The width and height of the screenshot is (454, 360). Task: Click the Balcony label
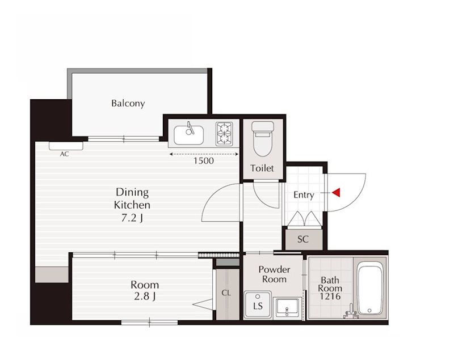click(128, 103)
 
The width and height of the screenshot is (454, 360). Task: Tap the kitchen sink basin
click(188, 135)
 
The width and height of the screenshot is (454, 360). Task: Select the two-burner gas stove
click(224, 134)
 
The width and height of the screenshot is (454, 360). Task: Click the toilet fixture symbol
click(263, 138)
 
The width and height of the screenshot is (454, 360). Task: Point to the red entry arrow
click(336, 193)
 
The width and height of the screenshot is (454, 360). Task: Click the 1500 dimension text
click(204, 161)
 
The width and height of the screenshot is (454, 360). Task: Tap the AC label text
click(65, 154)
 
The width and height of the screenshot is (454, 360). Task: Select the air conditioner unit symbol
click(66, 146)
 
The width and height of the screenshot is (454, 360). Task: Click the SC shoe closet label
click(303, 239)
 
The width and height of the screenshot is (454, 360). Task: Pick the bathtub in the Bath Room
click(369, 290)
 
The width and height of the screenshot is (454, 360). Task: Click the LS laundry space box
click(258, 304)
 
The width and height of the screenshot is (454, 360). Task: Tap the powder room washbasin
click(287, 308)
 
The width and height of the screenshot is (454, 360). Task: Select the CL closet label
click(226, 293)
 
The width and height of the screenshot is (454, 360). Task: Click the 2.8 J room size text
click(145, 297)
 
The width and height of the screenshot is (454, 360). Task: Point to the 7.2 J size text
click(132, 218)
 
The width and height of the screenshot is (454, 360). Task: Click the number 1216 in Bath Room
click(330, 296)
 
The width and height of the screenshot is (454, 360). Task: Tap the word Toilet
click(262, 168)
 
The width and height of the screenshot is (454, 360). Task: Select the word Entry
click(304, 195)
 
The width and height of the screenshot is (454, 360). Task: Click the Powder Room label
click(274, 274)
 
